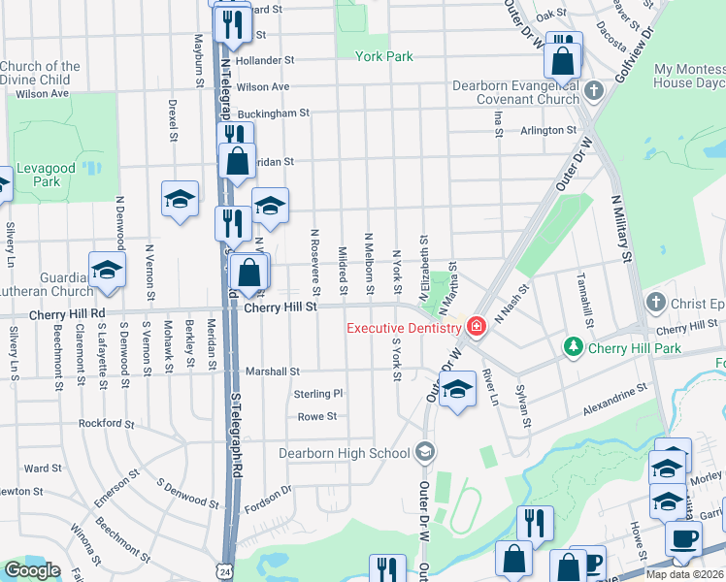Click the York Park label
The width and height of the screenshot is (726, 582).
[x=384, y=56]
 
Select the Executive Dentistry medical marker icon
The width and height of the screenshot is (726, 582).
[x=476, y=326]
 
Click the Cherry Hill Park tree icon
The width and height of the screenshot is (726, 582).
[x=574, y=346]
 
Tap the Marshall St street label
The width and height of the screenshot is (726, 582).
[x=272, y=371]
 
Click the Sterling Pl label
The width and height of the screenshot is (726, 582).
[x=318, y=394]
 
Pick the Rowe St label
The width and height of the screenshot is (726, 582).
[x=316, y=416]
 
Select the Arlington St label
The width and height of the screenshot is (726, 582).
[x=548, y=130]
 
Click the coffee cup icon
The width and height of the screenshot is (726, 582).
[x=683, y=539]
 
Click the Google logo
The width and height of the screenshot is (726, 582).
[x=32, y=570]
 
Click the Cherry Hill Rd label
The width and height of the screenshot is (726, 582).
[x=65, y=314]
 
